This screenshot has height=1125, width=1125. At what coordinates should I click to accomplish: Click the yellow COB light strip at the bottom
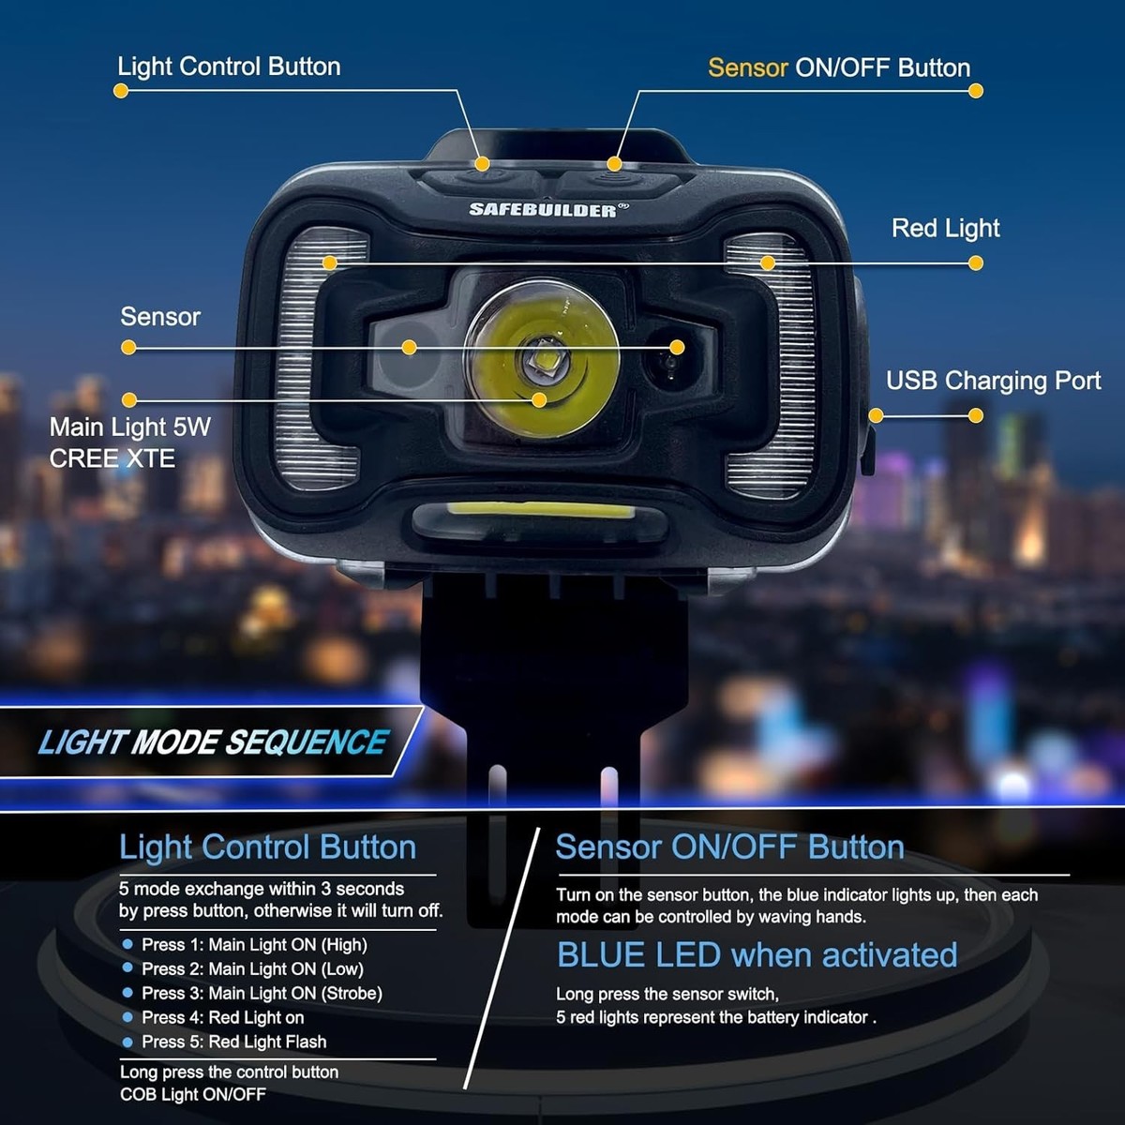[541, 511]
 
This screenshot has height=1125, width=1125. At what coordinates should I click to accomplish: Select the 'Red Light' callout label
[945, 228]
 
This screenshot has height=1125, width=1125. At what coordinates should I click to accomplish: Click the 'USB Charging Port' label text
[993, 381]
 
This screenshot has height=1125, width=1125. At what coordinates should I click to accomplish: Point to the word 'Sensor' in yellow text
[748, 68]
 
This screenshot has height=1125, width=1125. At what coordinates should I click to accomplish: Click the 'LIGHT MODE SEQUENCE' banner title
[213, 742]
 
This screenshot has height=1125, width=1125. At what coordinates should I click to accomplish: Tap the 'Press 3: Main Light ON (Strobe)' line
[262, 993]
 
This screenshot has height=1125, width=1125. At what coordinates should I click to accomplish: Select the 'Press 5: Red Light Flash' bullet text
[234, 1042]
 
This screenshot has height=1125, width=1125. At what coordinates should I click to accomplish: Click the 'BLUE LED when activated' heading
[757, 955]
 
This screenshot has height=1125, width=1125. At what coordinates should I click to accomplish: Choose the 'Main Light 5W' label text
[129, 427]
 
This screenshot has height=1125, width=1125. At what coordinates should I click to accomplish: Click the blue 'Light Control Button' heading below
[267, 847]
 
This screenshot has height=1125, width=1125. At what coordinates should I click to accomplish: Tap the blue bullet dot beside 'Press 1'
[127, 943]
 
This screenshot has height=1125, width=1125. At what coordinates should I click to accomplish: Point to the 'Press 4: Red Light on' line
[223, 1017]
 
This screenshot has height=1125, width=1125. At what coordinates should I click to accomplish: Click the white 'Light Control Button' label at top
[229, 67]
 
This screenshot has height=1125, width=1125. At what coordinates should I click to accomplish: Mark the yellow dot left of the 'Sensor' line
[128, 348]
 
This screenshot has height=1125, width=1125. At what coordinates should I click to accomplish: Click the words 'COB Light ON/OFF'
[193, 1094]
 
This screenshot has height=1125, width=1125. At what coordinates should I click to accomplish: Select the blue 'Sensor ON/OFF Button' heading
[729, 847]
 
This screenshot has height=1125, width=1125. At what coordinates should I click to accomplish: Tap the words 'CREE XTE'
[112, 458]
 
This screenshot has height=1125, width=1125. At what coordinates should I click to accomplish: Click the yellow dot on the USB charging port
[876, 415]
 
